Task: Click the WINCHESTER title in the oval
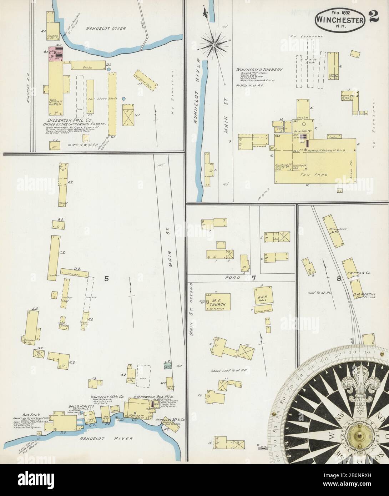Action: pyautogui.click(x=340, y=20)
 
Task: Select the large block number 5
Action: pyautogui.click(x=106, y=279)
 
